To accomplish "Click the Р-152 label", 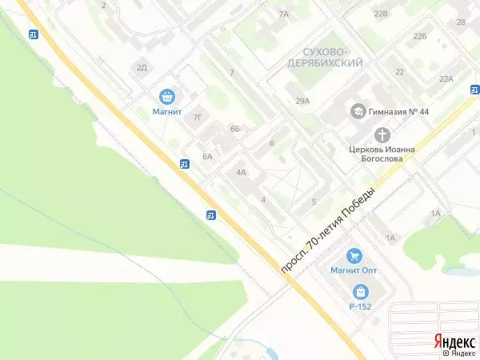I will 361,306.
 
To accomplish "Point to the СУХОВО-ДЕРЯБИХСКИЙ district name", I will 325,56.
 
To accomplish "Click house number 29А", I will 302,101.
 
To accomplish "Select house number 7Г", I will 198,117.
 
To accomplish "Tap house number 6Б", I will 234,128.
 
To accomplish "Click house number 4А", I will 240,172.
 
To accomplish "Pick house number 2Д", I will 142,67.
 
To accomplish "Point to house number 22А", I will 446,78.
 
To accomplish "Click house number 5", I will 314,201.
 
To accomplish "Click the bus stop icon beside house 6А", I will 185,165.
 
